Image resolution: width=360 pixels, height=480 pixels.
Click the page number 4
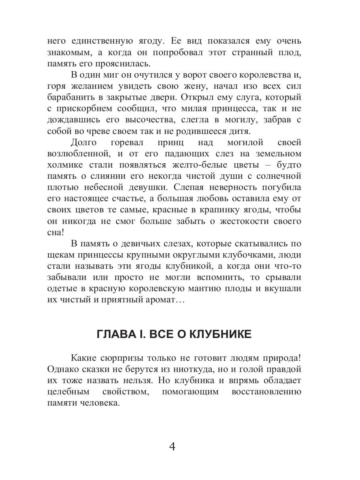click(x=172, y=447)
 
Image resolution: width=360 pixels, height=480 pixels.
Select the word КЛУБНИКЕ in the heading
click(x=218, y=334)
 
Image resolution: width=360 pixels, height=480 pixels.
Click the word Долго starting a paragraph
click(x=84, y=142)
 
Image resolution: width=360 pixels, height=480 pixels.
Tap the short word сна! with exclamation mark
click(x=55, y=232)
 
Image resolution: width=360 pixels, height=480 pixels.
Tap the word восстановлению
click(x=266, y=392)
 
